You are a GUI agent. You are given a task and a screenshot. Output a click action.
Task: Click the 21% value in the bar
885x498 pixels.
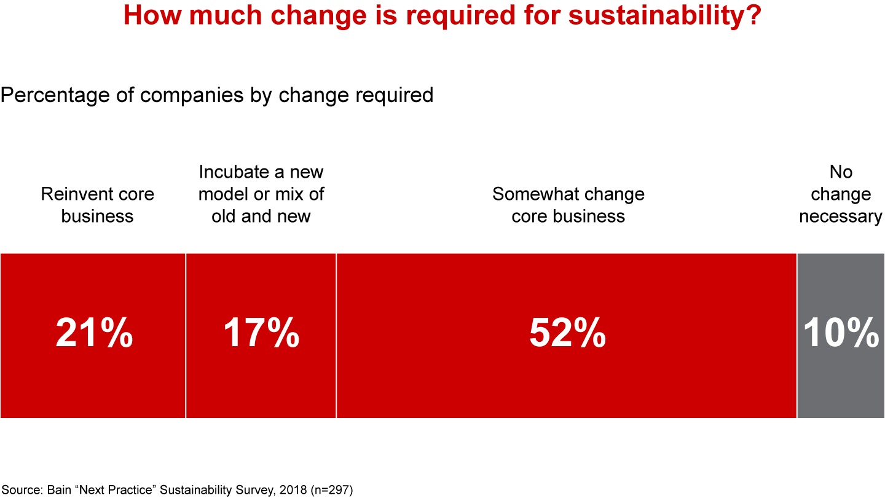click(x=94, y=334)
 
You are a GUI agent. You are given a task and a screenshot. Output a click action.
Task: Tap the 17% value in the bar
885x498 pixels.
click(x=261, y=334)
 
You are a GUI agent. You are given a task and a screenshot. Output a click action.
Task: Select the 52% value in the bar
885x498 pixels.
click(x=567, y=334)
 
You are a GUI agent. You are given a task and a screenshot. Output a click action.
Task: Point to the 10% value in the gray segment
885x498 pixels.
click(x=841, y=334)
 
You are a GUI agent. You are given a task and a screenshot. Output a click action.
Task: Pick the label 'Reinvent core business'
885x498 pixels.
click(x=97, y=205)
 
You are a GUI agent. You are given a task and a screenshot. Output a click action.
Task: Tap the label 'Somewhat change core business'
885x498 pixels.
click(x=568, y=205)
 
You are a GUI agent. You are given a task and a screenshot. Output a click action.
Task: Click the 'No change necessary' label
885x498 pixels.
click(x=840, y=194)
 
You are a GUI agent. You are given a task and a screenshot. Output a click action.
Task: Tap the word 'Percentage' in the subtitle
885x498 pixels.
click(x=61, y=95)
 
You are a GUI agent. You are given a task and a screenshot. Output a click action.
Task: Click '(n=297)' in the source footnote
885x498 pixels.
click(x=332, y=490)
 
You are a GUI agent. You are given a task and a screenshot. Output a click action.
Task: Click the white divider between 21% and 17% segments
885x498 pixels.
click(x=186, y=336)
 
